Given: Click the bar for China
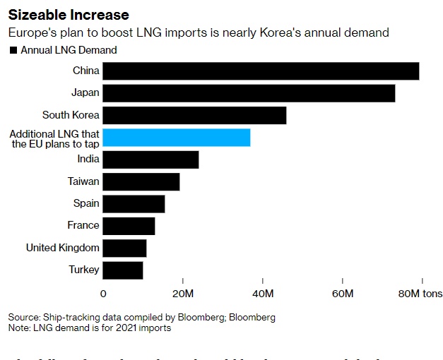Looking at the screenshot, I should click(x=261, y=71).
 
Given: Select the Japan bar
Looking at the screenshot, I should click(x=249, y=92).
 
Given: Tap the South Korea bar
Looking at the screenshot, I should click(x=195, y=115).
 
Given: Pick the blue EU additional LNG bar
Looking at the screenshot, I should click(x=177, y=137).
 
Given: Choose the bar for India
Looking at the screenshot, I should click(x=151, y=160).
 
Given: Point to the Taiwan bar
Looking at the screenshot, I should click(x=141, y=181).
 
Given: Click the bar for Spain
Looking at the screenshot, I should click(x=134, y=203).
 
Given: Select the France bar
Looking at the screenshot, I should click(x=129, y=226).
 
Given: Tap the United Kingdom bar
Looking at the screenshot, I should click(x=125, y=248).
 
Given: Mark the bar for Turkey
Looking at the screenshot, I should click(x=123, y=270).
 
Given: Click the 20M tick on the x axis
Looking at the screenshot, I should click(x=183, y=293).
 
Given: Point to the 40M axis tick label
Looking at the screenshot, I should click(x=263, y=293).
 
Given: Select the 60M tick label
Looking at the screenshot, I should click(x=342, y=293).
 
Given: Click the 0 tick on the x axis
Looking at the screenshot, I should click(x=104, y=293).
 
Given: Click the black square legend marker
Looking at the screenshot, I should click(x=13, y=50).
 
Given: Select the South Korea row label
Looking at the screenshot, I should click(x=71, y=115).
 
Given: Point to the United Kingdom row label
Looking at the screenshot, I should click(x=63, y=248).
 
